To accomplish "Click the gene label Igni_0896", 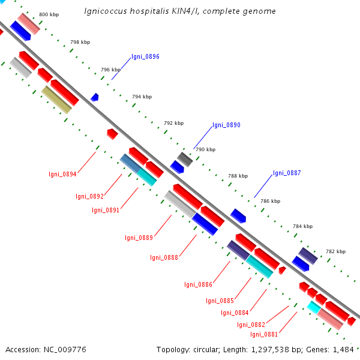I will point(145,57).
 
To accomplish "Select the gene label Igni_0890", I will point(226,125).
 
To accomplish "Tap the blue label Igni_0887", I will point(287,173).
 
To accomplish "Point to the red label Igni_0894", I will point(62,175).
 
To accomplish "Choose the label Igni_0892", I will point(89,196).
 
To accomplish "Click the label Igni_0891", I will point(106,210).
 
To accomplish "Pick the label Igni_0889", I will point(139,238).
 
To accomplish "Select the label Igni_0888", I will point(164,258).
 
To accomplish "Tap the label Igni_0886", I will point(198,284).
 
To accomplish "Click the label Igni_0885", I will point(220,301).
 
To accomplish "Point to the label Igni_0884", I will point(235,313).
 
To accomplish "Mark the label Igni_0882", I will point(251,325).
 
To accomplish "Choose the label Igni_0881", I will point(264,335).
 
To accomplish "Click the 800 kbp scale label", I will point(49,14).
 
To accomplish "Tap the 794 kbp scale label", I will point(142,97).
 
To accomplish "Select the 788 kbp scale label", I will point(238,176).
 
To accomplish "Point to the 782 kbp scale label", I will point(335,251).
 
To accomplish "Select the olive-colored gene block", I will point(56,99).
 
